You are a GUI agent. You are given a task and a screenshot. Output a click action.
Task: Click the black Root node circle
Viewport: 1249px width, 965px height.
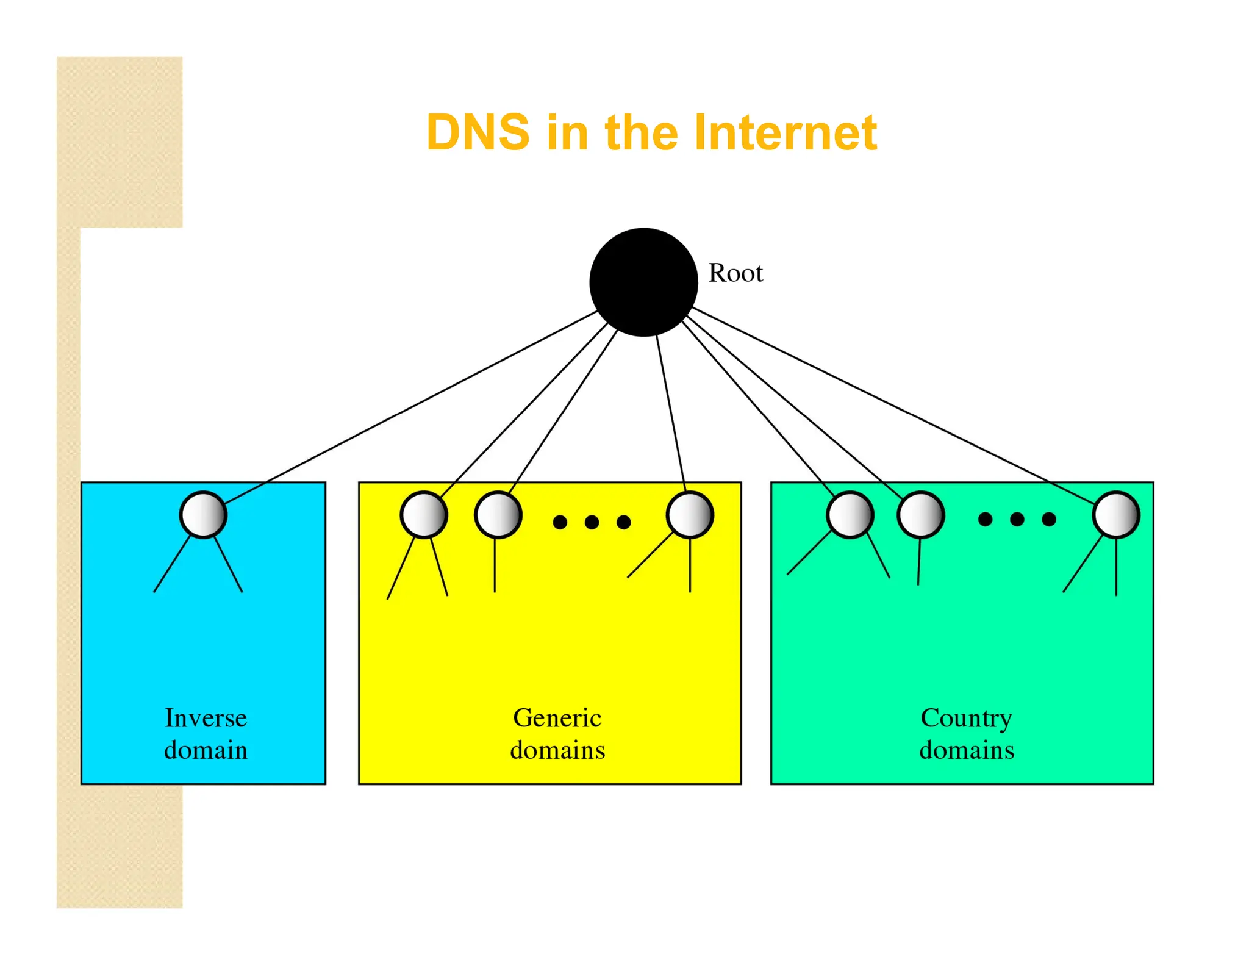[x=643, y=282]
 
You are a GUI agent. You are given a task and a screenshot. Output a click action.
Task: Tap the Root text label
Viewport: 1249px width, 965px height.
[x=735, y=273]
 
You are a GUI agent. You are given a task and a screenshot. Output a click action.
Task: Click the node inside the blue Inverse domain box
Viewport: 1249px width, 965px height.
[x=203, y=515]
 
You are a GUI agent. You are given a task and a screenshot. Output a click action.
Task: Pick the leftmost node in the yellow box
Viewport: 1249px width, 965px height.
[x=424, y=515]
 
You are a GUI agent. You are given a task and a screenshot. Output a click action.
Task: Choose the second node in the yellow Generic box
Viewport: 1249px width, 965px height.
[x=498, y=515]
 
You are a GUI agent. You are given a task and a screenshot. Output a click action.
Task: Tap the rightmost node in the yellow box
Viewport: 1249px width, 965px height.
[x=690, y=515]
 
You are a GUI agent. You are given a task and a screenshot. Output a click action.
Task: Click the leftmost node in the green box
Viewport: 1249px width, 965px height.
[x=850, y=515]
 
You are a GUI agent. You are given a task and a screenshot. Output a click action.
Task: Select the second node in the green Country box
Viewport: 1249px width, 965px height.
[x=921, y=515]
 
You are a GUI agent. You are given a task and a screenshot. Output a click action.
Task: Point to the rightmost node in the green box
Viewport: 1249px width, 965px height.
[x=1116, y=515]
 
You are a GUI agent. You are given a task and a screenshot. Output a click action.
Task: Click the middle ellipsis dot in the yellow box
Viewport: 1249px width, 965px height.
[x=592, y=522]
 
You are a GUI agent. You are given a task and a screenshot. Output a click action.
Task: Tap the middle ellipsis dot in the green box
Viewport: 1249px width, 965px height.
[x=1017, y=519]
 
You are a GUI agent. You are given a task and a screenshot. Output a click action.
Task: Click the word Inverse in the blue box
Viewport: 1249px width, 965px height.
[x=206, y=718]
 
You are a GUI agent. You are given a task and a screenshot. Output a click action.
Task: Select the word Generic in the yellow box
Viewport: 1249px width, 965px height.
[x=557, y=718]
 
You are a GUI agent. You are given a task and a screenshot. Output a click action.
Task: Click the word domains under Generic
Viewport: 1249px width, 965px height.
[x=557, y=750]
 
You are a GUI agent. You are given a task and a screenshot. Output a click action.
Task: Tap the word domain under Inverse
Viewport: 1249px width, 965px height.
[x=206, y=750]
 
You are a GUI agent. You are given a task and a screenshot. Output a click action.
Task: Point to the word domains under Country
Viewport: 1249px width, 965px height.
[x=967, y=750]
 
